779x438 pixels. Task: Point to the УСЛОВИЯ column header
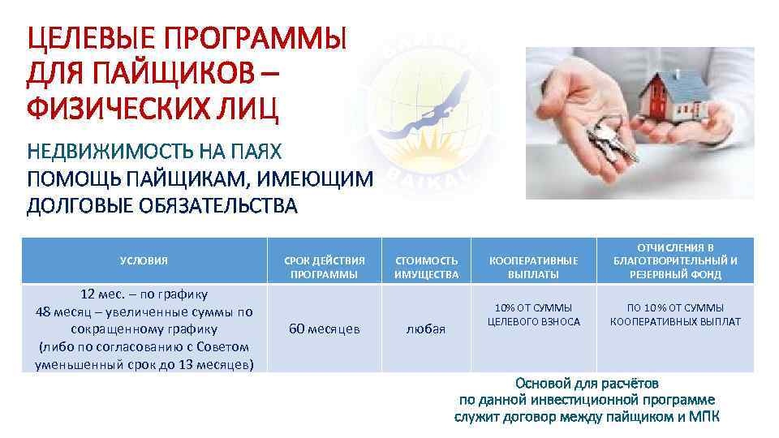[x=144, y=260]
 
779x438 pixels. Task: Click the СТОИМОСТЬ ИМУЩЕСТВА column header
[x=426, y=267]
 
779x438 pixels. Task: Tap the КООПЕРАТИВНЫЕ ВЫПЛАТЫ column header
[x=533, y=267]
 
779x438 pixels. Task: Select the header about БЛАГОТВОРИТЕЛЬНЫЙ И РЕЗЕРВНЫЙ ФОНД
[x=675, y=260]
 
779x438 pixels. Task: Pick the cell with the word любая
[x=426, y=328]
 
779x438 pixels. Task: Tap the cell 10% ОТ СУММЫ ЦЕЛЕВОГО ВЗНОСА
[x=533, y=315]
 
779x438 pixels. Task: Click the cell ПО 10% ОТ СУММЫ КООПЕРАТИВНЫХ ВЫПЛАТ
[x=675, y=315]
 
